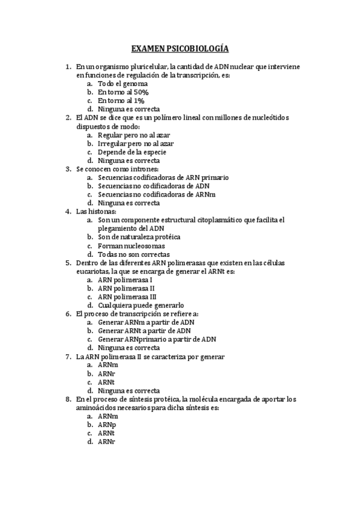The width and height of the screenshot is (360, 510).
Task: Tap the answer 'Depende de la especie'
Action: [x=132, y=152]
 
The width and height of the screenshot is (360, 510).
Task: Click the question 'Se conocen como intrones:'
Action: [x=117, y=169]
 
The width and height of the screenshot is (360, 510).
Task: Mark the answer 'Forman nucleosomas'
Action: [x=131, y=246]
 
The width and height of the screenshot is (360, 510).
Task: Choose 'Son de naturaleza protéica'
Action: [x=139, y=237]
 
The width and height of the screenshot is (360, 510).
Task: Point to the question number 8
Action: [x=67, y=399]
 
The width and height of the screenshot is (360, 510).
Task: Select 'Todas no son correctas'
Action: [x=133, y=254]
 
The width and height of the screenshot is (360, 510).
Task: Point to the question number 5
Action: [x=67, y=263]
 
